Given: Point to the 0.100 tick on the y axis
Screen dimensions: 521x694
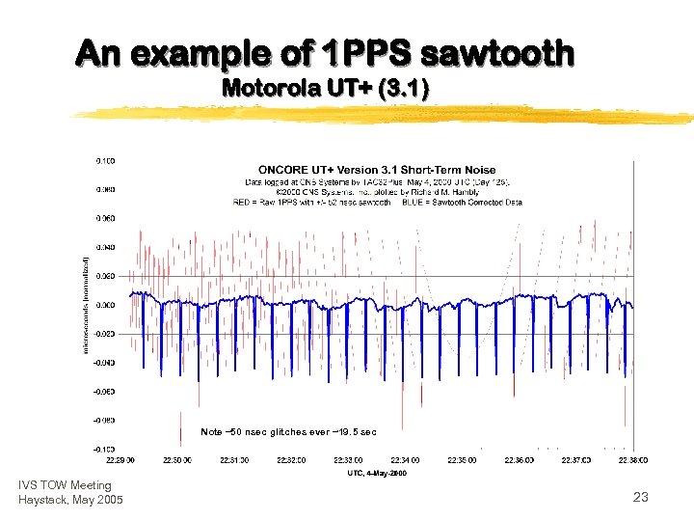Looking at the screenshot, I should [x=105, y=159].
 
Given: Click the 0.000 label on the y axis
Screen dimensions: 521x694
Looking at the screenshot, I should [x=105, y=305].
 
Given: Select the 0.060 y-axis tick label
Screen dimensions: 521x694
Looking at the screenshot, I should [x=105, y=217].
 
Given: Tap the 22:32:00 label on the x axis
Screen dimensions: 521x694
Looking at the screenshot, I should [x=292, y=461].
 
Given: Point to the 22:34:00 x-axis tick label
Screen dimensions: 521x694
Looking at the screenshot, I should [x=406, y=461].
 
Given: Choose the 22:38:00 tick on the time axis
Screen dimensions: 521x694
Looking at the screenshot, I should [x=632, y=461].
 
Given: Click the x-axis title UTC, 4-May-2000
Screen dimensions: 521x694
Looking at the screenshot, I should [x=377, y=473].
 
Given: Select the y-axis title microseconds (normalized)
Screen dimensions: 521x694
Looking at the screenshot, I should [x=86, y=304].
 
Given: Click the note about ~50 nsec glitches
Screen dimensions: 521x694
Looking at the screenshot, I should [x=288, y=431].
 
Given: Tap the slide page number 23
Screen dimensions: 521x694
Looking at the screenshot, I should [x=641, y=497].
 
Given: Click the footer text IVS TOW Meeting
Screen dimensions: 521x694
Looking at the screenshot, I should [x=65, y=485].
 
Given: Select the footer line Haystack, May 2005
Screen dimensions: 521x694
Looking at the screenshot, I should [x=70, y=499].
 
